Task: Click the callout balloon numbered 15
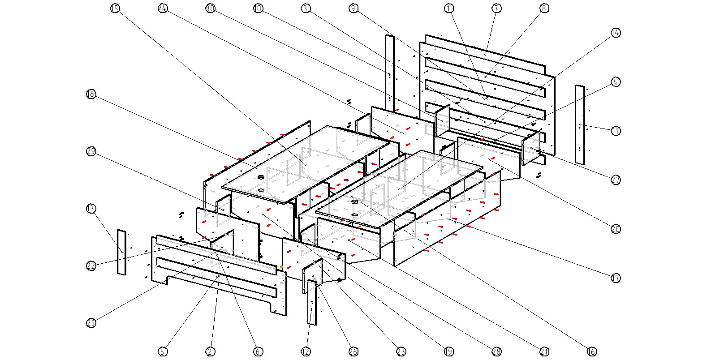(x=115, y=8)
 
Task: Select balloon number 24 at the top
(x=163, y=8)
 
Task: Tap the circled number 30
(x=210, y=8)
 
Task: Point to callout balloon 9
(x=353, y=8)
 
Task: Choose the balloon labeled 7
(x=496, y=8)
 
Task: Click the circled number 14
(x=616, y=33)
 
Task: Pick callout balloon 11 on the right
(x=616, y=131)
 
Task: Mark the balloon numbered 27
(x=616, y=180)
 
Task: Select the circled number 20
(x=616, y=229)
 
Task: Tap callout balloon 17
(x=616, y=278)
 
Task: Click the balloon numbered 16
(x=592, y=351)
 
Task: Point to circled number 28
(x=496, y=351)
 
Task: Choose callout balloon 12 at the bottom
(x=306, y=351)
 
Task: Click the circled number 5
(x=163, y=351)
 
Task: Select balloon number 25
(x=91, y=323)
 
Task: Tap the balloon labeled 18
(x=91, y=94)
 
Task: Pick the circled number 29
(x=91, y=151)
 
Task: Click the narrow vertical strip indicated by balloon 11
(x=580, y=124)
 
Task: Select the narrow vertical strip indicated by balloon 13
(x=121, y=252)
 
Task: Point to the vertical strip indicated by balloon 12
(x=312, y=303)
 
